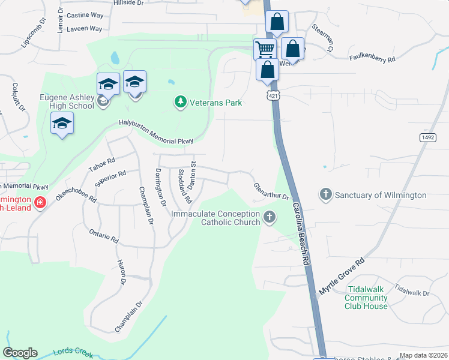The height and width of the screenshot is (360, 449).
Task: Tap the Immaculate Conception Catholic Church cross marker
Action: click(270, 217)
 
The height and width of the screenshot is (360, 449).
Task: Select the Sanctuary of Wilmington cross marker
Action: click(325, 194)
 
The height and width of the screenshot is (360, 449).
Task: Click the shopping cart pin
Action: click(265, 49)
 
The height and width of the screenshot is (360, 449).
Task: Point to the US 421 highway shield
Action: click(273, 95)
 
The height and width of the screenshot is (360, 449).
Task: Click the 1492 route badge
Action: click(427, 137)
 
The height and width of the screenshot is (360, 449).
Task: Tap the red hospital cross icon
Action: click(40, 203)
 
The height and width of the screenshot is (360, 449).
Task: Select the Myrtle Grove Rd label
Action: click(342, 276)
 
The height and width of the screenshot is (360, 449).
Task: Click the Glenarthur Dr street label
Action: click(271, 192)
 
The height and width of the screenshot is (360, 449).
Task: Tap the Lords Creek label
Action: click(73, 353)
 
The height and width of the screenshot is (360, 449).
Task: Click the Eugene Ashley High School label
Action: click(67, 101)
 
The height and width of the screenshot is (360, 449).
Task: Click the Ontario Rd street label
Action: click(103, 235)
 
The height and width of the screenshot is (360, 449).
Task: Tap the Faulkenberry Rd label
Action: click(372, 59)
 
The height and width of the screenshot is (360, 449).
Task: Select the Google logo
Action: click(20, 353)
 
